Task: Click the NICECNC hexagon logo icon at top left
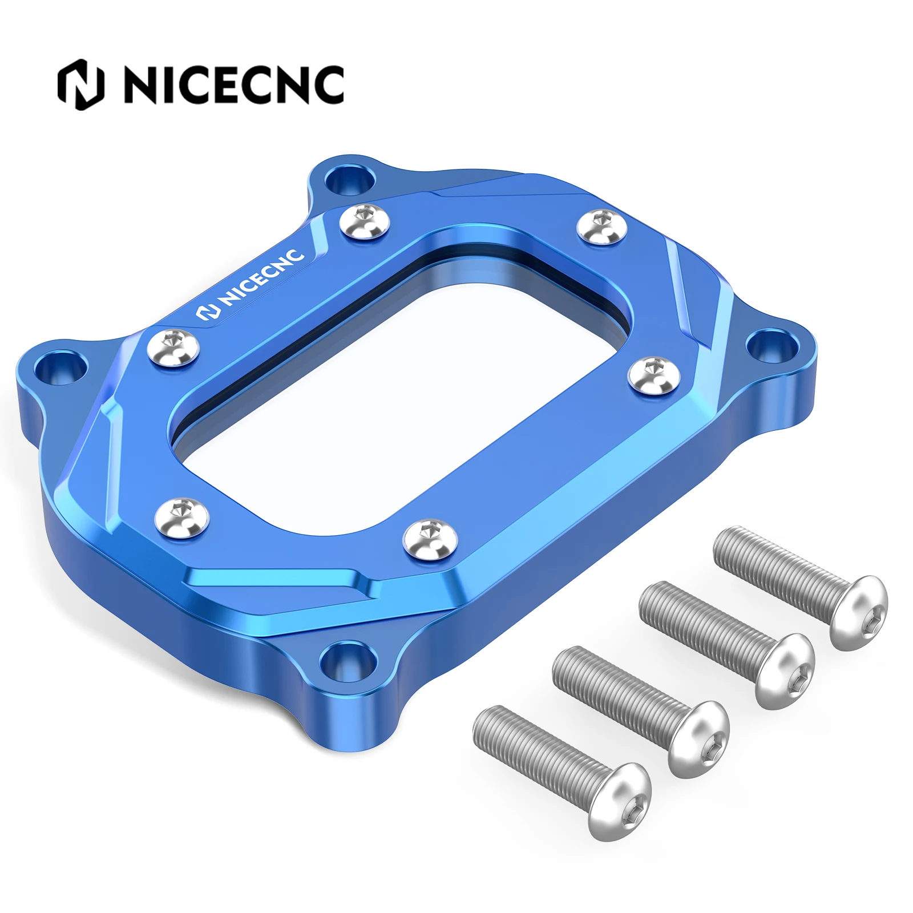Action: [x=81, y=84]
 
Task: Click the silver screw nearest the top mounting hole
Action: [x=365, y=222]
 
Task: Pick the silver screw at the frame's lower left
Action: [x=182, y=513]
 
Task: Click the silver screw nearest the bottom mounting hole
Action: [x=430, y=538]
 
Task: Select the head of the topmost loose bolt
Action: [x=858, y=612]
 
